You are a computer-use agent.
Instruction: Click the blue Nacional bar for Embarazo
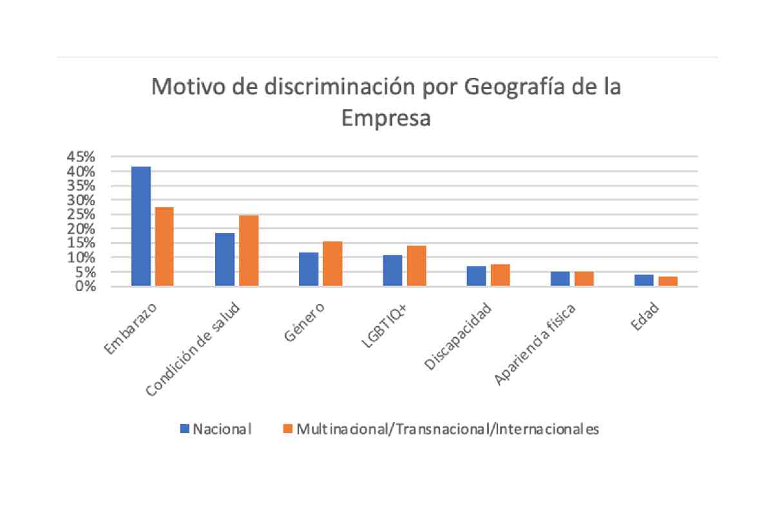[141, 226]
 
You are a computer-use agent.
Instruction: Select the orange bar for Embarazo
[165, 247]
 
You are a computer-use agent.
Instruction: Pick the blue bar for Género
[309, 269]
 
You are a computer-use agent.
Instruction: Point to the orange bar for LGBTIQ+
[416, 266]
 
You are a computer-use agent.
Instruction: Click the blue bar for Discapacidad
[476, 276]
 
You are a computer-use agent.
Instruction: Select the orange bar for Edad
[668, 281]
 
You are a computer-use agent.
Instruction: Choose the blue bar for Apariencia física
[560, 279]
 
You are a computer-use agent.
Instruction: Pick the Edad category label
[645, 318]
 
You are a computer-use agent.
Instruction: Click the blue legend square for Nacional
[185, 429]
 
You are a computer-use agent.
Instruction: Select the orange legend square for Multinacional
[288, 429]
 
